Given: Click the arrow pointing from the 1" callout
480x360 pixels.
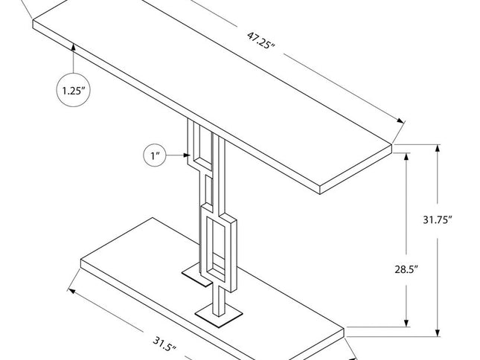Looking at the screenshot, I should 179,156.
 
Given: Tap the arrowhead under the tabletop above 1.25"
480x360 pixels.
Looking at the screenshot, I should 74,48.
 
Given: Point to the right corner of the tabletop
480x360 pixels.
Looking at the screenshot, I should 391,147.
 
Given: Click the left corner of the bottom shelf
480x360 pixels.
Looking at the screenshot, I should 81,260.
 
